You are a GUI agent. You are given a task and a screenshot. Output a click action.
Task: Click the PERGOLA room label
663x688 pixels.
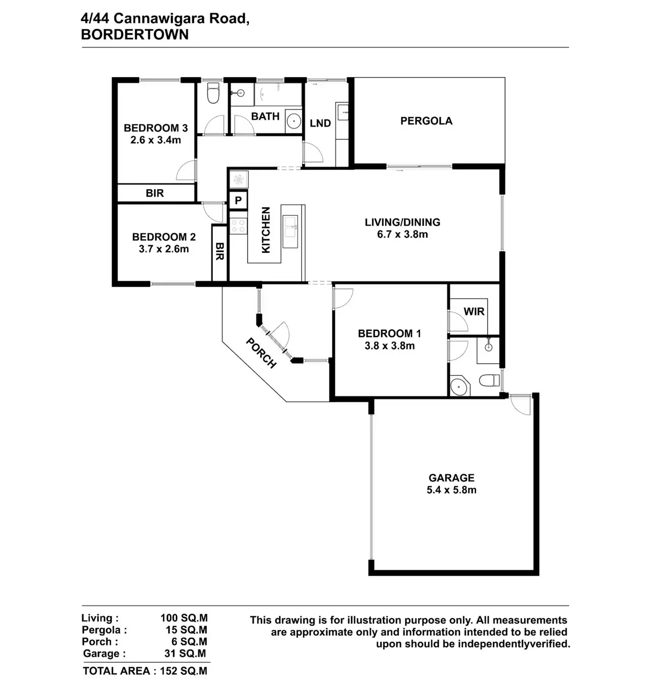[426, 121]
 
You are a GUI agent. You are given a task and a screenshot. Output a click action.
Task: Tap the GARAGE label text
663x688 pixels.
[451, 478]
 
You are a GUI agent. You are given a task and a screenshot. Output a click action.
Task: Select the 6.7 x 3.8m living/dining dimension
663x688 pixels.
[402, 235]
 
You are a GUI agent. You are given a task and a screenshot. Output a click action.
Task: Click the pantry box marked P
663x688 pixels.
[238, 201]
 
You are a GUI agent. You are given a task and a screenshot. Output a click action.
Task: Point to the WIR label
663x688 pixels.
[474, 311]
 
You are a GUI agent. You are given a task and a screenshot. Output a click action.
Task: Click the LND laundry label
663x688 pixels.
[320, 123]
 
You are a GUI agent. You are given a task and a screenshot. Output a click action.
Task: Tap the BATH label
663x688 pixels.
[265, 117]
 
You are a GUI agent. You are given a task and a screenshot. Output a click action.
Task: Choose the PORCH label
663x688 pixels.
[261, 353]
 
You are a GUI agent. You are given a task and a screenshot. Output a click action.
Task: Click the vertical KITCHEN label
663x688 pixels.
[266, 230]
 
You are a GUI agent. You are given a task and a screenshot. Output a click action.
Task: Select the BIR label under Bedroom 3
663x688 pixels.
[155, 193]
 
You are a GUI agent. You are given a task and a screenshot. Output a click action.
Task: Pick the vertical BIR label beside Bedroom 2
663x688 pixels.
[219, 251]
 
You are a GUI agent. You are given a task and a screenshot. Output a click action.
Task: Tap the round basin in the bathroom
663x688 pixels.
[293, 122]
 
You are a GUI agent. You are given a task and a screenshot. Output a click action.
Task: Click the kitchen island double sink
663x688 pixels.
[290, 226]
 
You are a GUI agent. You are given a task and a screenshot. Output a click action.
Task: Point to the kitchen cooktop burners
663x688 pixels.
[238, 225]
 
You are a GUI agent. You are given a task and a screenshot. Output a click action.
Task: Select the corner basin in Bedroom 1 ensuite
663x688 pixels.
[459, 387]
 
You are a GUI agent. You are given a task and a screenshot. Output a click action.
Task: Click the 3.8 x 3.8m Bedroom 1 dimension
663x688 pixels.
[389, 346]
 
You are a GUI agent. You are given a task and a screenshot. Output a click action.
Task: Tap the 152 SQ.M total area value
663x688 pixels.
[183, 671]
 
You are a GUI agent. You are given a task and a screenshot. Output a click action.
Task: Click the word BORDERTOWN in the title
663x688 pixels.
[135, 34]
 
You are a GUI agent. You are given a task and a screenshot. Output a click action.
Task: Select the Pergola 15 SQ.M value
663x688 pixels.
[186, 630]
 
